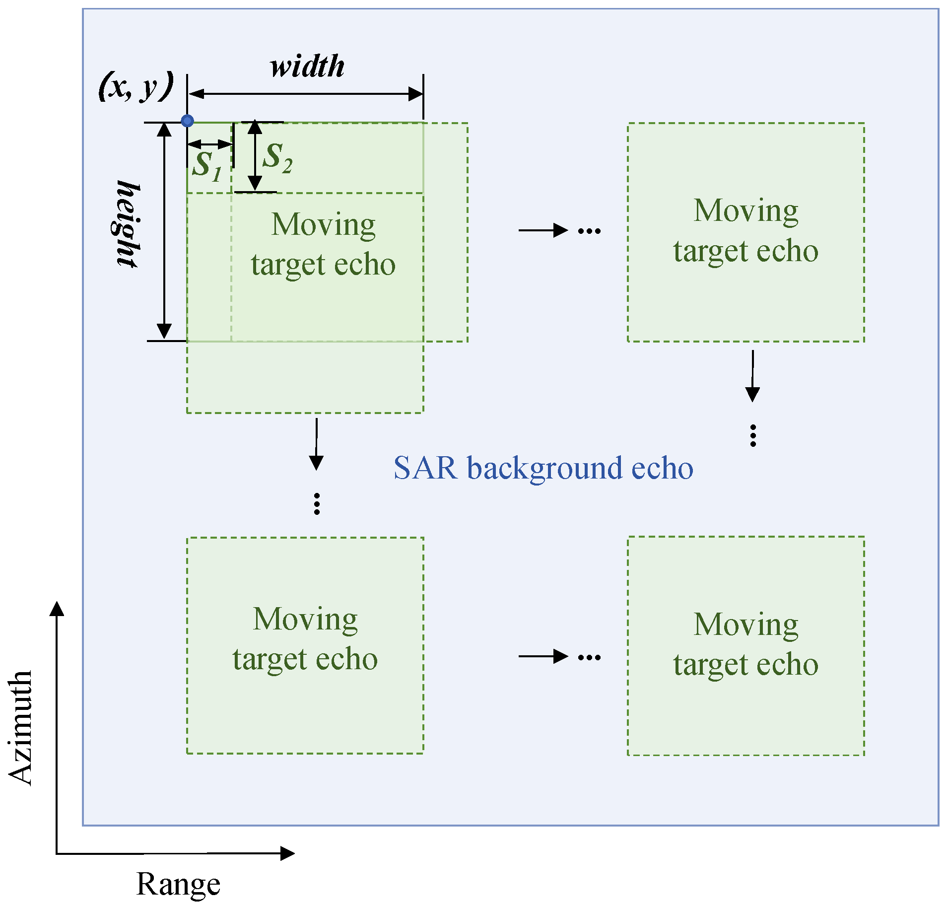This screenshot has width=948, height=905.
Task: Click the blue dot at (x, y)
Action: [187, 121]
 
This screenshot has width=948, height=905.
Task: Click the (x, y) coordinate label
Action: [136, 86]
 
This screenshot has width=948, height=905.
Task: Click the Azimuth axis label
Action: [21, 727]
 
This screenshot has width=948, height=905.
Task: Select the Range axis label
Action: [178, 884]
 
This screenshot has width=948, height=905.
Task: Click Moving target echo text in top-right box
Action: [745, 230]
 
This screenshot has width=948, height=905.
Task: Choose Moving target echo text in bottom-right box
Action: [745, 644]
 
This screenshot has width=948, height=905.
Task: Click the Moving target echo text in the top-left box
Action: [323, 244]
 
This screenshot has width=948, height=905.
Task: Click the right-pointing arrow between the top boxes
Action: [543, 230]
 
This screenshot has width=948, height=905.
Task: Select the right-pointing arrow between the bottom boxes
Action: [543, 656]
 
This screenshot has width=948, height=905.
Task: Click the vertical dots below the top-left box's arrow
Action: [317, 503]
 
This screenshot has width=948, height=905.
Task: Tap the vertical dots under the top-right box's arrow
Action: [753, 435]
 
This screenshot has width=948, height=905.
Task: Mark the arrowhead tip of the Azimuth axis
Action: [57, 603]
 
